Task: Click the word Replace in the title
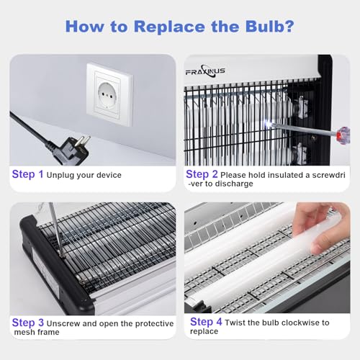[x=169, y=27]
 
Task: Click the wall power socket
[x=109, y=95]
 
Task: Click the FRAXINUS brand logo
[x=205, y=71]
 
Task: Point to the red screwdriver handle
[x=343, y=135]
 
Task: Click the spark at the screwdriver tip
[x=267, y=124]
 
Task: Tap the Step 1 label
[x=27, y=174]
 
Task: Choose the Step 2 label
[x=202, y=174]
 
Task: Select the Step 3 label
[x=28, y=323]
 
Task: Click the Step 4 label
[x=206, y=322]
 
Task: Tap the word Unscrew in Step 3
[x=63, y=323]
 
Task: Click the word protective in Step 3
[x=154, y=324]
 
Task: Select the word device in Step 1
[x=109, y=175]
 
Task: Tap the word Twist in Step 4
[x=235, y=323]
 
